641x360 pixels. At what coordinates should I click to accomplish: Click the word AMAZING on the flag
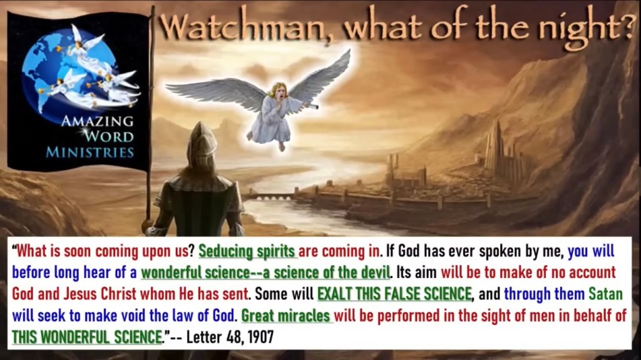tap(98, 121)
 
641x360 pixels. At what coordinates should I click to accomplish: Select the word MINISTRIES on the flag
tap(90, 153)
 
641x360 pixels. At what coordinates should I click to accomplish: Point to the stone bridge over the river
tap(270, 198)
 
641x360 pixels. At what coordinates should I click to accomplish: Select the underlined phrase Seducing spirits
tap(247, 251)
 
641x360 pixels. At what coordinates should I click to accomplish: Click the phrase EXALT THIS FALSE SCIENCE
tap(394, 294)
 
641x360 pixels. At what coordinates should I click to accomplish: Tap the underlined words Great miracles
tap(285, 316)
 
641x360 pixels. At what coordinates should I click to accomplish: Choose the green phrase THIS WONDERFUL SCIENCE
tap(86, 337)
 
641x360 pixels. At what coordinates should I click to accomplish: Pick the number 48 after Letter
tap(235, 337)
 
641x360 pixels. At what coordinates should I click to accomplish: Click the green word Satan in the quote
tap(605, 294)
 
